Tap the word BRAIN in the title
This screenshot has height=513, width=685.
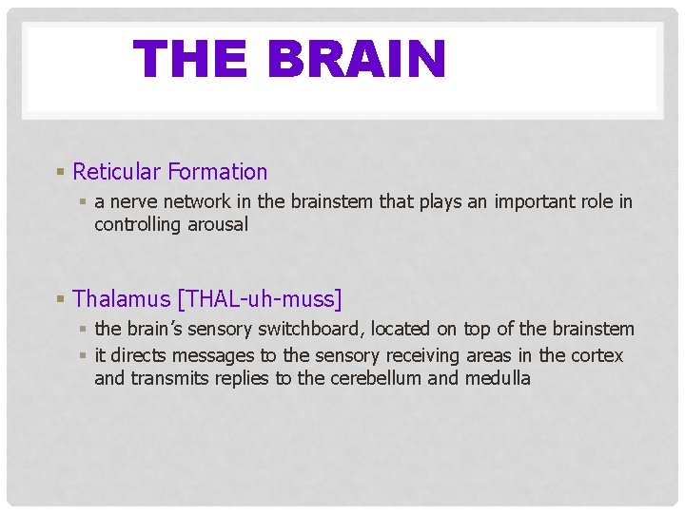356,59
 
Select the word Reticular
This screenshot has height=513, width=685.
116,172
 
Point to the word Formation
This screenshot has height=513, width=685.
217,172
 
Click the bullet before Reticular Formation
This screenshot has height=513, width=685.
60,172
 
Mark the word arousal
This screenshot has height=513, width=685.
220,224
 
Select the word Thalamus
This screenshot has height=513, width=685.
121,299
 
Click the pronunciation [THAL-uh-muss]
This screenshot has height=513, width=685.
260,299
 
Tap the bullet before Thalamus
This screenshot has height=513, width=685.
60,299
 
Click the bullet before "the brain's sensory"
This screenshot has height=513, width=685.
85,329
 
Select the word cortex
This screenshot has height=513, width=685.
597,355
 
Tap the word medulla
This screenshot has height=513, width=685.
498,378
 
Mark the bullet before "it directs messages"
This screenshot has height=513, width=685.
85,355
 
